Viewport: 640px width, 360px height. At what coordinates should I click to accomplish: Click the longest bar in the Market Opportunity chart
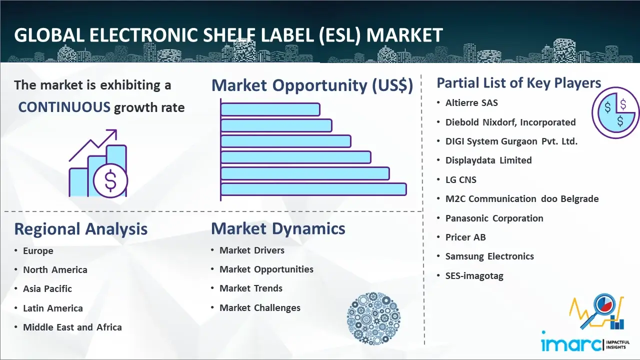click(x=313, y=189)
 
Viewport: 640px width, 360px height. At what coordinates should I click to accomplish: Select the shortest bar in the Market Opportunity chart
click(x=270, y=109)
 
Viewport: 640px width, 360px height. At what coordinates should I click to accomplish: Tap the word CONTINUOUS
click(x=64, y=107)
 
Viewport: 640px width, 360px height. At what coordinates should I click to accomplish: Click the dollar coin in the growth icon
click(x=110, y=180)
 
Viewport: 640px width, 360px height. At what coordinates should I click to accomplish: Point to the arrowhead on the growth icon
click(x=113, y=133)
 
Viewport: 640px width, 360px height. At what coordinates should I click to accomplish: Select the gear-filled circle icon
click(x=373, y=318)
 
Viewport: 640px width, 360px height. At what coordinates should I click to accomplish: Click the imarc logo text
click(x=571, y=344)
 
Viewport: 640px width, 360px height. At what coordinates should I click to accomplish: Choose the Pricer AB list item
click(x=465, y=237)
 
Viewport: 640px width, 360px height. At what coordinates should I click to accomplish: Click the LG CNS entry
click(x=461, y=179)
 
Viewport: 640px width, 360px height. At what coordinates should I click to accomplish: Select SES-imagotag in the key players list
click(x=474, y=275)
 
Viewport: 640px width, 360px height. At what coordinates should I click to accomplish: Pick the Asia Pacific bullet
click(x=47, y=289)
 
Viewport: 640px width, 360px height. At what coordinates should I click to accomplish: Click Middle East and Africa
click(x=72, y=327)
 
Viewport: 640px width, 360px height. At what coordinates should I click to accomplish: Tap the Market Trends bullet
click(x=251, y=288)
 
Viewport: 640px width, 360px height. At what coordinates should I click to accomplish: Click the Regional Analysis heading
click(x=81, y=229)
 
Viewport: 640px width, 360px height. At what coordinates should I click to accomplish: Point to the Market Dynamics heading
click(x=278, y=228)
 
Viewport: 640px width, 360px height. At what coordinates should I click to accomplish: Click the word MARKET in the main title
click(x=404, y=35)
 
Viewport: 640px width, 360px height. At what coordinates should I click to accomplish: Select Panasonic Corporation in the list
click(x=494, y=218)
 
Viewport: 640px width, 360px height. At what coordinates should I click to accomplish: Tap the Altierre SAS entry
click(x=471, y=103)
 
